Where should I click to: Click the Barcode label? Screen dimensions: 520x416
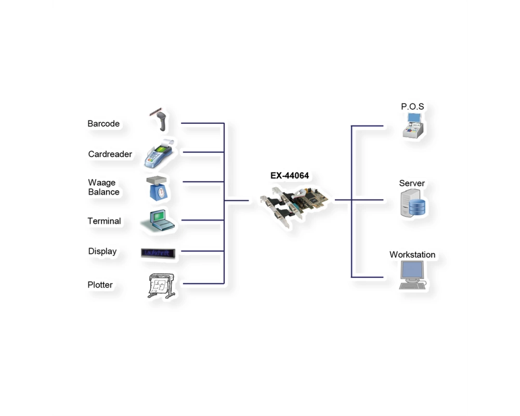103,124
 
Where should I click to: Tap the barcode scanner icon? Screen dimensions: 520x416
160,120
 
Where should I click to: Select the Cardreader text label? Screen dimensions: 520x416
110,154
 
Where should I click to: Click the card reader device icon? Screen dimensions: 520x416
159,153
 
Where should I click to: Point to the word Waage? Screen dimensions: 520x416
102,183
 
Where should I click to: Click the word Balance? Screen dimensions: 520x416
104,192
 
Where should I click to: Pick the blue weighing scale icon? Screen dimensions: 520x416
157,188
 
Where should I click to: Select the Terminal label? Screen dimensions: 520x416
104,222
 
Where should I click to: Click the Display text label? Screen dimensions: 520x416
102,252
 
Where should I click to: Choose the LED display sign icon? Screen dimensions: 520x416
158,253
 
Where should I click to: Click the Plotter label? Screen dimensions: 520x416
100,285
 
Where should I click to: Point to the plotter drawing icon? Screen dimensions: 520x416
161,285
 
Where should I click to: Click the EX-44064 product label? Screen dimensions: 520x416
290,176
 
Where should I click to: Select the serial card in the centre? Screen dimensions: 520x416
294,206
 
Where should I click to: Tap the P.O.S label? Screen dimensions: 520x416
412,107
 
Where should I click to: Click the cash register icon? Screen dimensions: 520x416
413,125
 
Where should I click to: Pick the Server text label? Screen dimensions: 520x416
411,184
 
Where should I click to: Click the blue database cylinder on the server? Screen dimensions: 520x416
417,207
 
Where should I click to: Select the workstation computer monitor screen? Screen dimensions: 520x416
412,270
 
